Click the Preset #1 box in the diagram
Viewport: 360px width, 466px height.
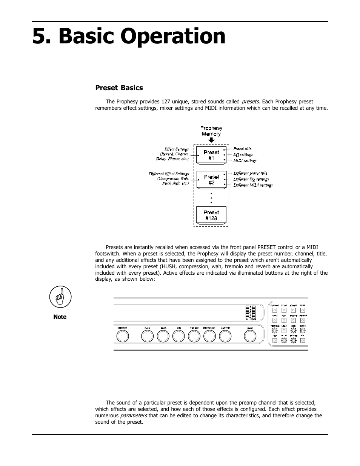click(x=211, y=155)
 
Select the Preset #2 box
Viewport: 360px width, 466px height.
click(x=211, y=180)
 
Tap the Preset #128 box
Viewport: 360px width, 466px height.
click(x=211, y=215)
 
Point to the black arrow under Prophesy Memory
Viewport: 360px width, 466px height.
click(x=211, y=140)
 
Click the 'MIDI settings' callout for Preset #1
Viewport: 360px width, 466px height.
click(x=245, y=161)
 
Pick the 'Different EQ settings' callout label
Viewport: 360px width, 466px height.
click(x=251, y=179)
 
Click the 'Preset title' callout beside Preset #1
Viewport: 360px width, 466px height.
click(x=242, y=149)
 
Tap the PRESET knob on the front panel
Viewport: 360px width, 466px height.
click(x=123, y=336)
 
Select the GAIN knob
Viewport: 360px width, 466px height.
click(x=148, y=336)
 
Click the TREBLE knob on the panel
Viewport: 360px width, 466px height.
click(x=194, y=336)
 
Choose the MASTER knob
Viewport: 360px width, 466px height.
click(x=225, y=336)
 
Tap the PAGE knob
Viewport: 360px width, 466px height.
click(x=250, y=336)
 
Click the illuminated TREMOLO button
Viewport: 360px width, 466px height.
click(x=275, y=330)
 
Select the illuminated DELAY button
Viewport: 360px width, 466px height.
click(x=284, y=340)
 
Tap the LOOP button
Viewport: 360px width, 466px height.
click(x=284, y=330)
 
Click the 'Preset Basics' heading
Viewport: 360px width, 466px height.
click(x=119, y=88)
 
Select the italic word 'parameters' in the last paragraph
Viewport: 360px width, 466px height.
click(x=134, y=416)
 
